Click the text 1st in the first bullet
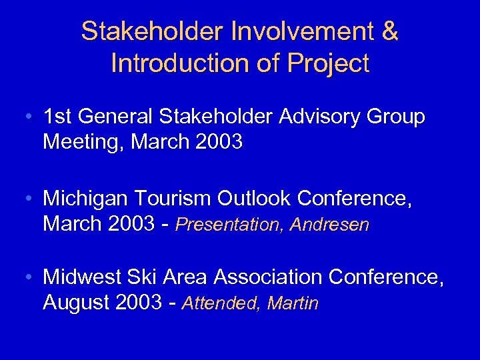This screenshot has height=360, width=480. click(x=58, y=117)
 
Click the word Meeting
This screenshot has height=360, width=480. click(x=84, y=141)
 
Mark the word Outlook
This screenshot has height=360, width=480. click(x=257, y=199)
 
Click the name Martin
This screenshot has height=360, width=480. click(x=293, y=304)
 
